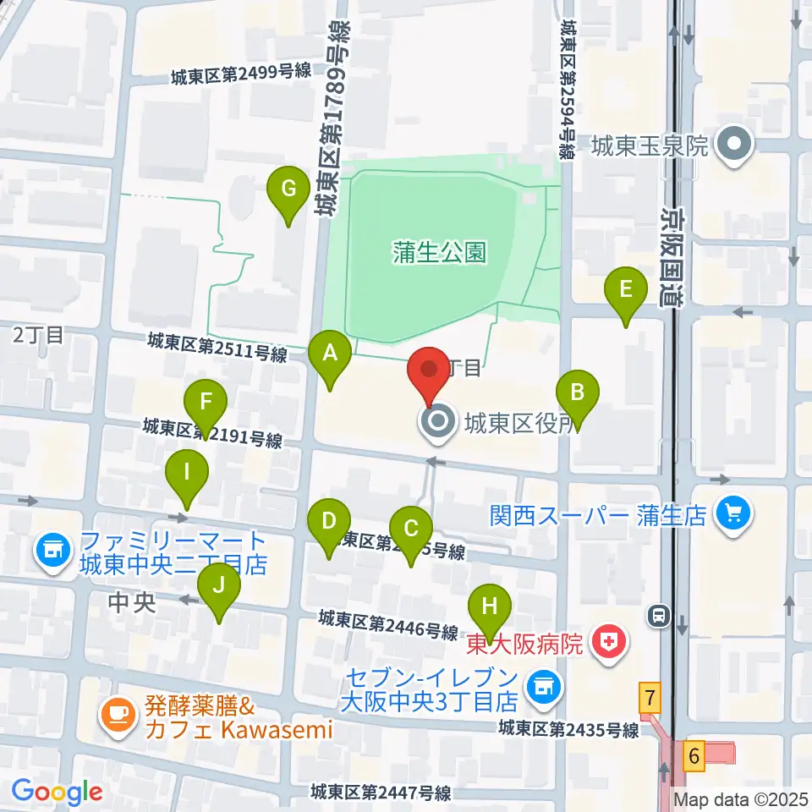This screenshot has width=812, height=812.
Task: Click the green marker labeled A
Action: click(330, 356)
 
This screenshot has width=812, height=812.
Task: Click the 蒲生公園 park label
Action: click(439, 251)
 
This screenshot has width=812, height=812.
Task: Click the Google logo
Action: click(57, 792)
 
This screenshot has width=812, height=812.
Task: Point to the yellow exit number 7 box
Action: click(649, 699)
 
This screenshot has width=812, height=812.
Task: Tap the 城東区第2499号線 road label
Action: click(240, 74)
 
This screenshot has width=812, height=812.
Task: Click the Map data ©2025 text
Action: click(741, 798)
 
